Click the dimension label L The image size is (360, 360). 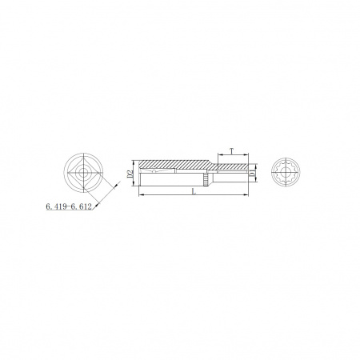pyautogui.click(x=194, y=191)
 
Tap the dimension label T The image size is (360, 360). pyautogui.click(x=232, y=151)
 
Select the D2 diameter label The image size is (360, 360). pyautogui.click(x=130, y=174)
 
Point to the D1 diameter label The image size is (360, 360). pyautogui.click(x=251, y=174)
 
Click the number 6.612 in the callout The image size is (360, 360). pyautogui.click(x=81, y=206)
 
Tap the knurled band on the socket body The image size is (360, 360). pyautogui.click(x=206, y=179)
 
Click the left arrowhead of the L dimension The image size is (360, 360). pyautogui.click(x=142, y=195)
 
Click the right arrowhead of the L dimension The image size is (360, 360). pyautogui.click(x=246, y=195)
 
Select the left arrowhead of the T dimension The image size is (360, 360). pyautogui.click(x=221, y=154)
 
